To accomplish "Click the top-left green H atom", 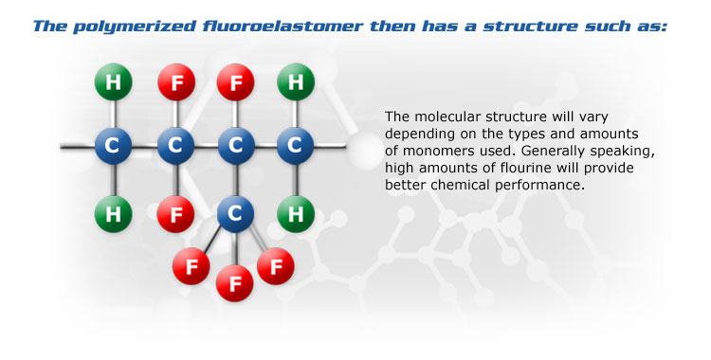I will pos(114,81).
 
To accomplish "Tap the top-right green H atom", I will pos(295,81).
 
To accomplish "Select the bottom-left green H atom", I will pos(114,213).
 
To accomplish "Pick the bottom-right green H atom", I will pos(295,213).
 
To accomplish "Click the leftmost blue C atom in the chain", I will pos(114,147).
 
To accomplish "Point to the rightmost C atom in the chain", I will pos(295,147).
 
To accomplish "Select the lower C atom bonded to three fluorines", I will pos(235,213).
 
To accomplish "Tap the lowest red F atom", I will pos(235,282).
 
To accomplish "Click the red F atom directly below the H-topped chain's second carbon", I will pos(174,213).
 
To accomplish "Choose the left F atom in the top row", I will pos(174,81).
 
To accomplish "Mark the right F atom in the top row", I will pos(235,81).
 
